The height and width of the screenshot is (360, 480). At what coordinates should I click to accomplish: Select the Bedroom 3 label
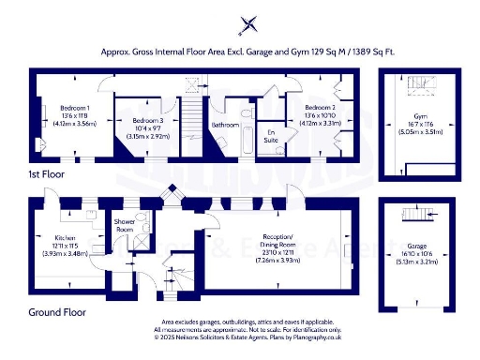[x=147, y=122]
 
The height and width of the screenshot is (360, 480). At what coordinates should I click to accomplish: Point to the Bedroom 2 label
[x=309, y=107]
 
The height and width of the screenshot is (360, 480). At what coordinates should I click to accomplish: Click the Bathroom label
[x=226, y=124]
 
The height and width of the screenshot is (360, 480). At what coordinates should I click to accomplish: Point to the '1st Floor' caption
[x=46, y=174]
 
